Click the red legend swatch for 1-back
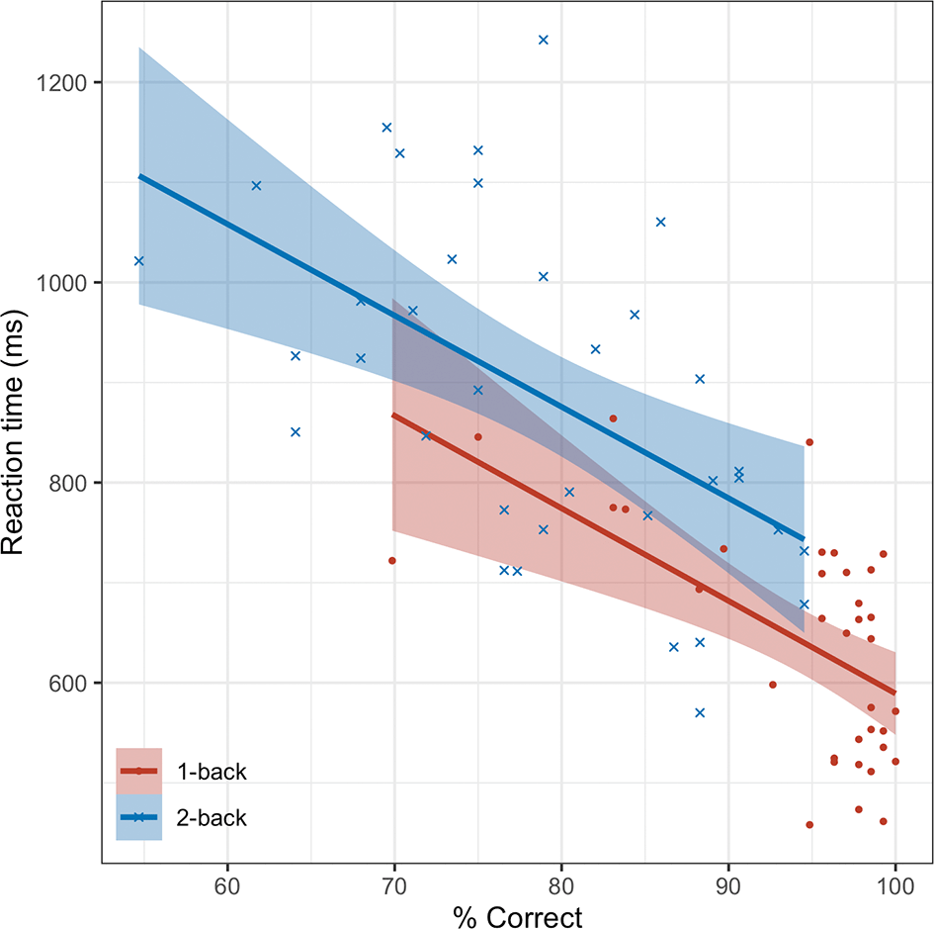139,771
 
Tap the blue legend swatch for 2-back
139,817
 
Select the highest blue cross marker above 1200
543,40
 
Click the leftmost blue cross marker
138,260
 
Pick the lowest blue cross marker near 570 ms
700,712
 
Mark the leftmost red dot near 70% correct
392,561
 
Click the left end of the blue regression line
139,176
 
